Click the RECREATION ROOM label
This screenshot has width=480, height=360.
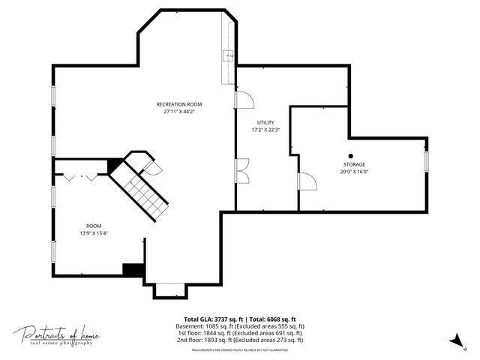pyautogui.click(x=178, y=104)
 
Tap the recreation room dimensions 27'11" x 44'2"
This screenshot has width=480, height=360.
pyautogui.click(x=178, y=112)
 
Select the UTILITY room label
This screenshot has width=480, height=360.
pyautogui.click(x=265, y=122)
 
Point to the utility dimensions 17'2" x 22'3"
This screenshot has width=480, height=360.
pyautogui.click(x=265, y=130)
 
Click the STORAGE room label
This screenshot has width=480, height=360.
pyautogui.click(x=355, y=163)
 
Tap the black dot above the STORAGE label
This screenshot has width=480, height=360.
pyautogui.click(x=350, y=155)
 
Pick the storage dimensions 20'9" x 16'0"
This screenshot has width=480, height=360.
pyautogui.click(x=355, y=171)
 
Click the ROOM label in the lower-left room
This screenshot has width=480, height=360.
pyautogui.click(x=93, y=226)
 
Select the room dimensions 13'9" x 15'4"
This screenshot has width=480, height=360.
pyautogui.click(x=93, y=233)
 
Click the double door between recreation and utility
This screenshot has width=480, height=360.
pyautogui.click(x=243, y=172)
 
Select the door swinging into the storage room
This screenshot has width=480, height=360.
pyautogui.click(x=307, y=181)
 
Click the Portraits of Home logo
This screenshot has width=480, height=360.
pyautogui.click(x=56, y=334)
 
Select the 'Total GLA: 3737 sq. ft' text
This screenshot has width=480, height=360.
pyautogui.click(x=214, y=319)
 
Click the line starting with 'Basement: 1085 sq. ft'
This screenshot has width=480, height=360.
pyautogui.click(x=240, y=326)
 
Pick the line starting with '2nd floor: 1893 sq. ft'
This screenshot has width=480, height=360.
pyautogui.click(x=240, y=340)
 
